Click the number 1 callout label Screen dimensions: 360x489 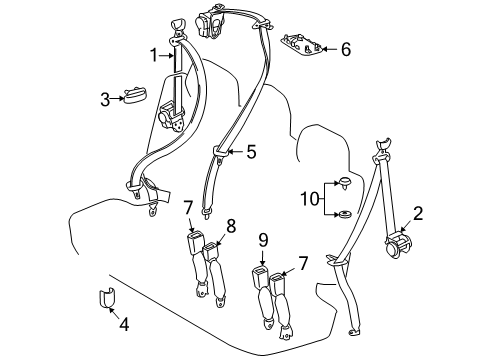click(153, 55)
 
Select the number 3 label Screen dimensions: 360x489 click(104, 98)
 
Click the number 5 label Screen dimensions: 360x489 click(251, 152)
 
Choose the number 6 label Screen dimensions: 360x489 click(345, 48)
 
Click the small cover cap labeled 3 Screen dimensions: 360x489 click(133, 97)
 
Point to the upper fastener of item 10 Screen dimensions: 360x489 click(344, 182)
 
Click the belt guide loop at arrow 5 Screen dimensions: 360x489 click(219, 153)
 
